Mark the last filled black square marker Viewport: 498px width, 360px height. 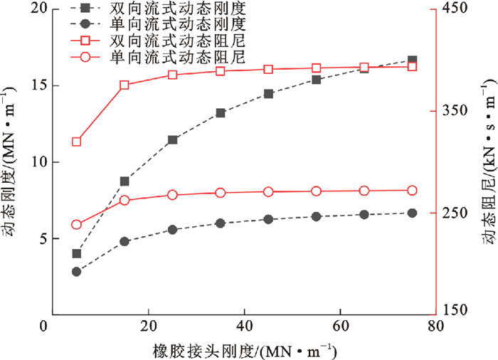point(413,60)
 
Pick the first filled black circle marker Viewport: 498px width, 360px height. point(77,271)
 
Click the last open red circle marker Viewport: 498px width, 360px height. point(413,190)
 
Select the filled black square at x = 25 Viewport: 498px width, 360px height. point(173,140)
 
